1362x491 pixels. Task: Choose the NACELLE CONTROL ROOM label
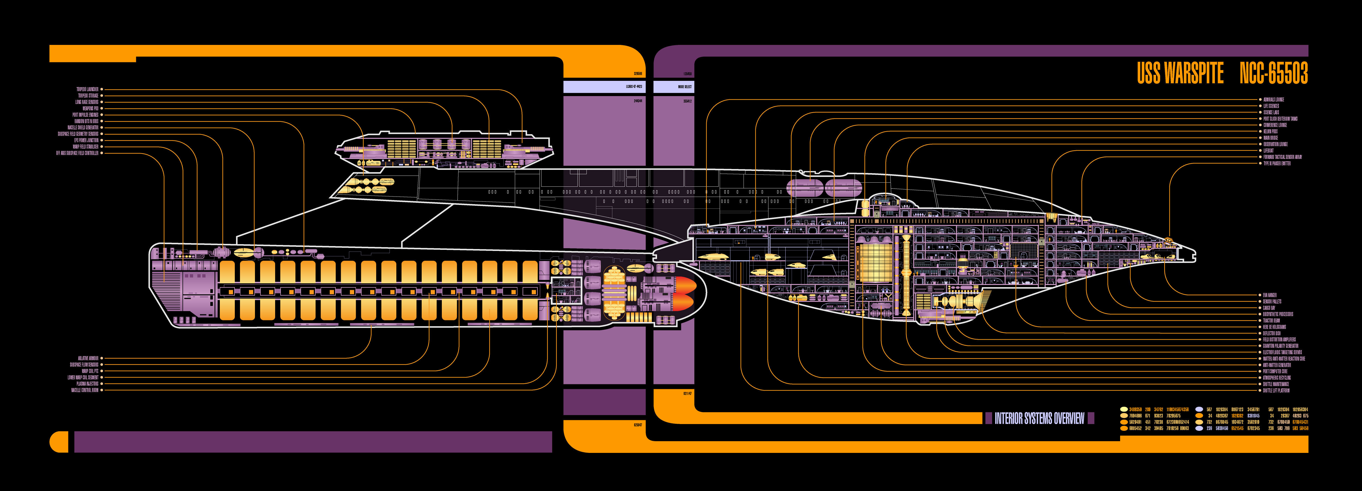point(85,390)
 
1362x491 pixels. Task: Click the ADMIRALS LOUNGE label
point(1274,99)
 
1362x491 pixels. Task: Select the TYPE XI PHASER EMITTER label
point(1277,163)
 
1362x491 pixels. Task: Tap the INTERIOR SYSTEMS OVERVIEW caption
point(1039,419)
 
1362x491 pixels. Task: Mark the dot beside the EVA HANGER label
point(1260,295)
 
